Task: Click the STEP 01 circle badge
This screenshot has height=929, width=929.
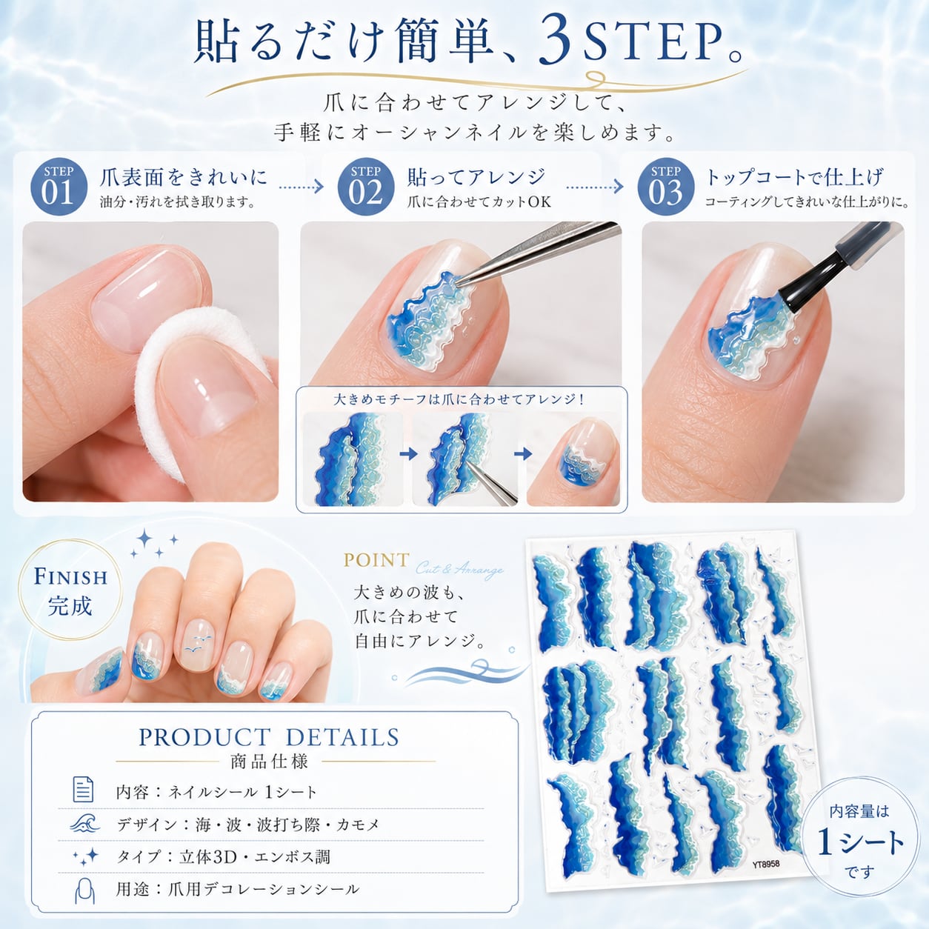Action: (x=59, y=187)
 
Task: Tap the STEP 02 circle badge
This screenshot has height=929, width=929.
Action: (x=366, y=187)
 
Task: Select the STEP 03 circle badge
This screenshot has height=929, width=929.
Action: (x=666, y=187)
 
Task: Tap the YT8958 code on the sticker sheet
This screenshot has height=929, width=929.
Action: (x=765, y=864)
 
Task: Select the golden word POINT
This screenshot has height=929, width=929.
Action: (x=376, y=560)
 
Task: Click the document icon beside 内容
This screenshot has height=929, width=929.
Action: (x=83, y=789)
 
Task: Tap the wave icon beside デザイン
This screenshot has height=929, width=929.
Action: (x=84, y=823)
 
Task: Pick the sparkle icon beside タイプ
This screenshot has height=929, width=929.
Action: (x=86, y=856)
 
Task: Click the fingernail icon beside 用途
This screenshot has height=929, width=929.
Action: (x=84, y=890)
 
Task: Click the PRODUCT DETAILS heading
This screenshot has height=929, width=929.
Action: (x=269, y=737)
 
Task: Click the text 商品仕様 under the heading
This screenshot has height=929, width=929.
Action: (x=269, y=762)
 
